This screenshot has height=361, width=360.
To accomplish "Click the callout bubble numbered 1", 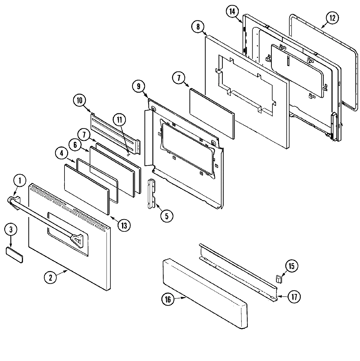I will click(x=20, y=180).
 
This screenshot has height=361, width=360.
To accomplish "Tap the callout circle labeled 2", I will click(x=50, y=277).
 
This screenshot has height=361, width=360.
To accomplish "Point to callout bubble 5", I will click(x=167, y=216).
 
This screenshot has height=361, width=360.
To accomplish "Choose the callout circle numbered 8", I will click(x=198, y=27).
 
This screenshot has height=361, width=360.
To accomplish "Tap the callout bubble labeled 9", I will click(x=139, y=86).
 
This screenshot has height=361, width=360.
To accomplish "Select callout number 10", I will click(x=79, y=100).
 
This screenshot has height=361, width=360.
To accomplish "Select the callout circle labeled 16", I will click(x=168, y=299).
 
